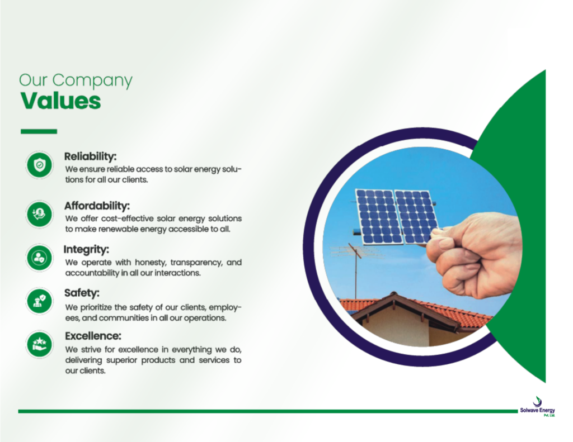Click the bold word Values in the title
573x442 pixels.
60,101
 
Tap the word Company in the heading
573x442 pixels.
92,80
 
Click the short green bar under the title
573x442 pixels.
39,131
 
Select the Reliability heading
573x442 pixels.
90,156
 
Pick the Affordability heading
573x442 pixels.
97,206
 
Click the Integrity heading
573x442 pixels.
86,250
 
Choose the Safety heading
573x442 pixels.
82,293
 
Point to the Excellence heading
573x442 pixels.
93,336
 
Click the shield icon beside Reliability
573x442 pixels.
40,165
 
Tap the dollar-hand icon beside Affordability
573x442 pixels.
40,214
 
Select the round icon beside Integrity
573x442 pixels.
40,258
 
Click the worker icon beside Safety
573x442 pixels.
40,301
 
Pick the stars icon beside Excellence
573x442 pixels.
40,345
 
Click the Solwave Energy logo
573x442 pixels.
538,407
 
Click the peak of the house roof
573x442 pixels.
393,293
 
